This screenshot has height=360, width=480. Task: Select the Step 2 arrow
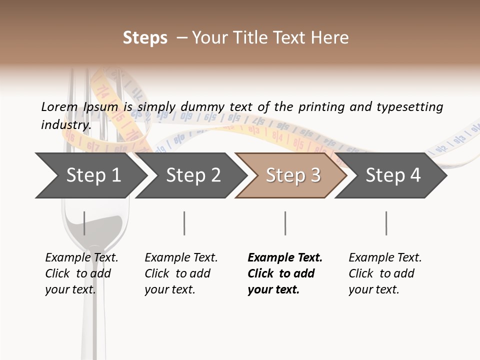pos(193,175)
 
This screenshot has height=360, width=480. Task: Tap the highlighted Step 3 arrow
pos(293,175)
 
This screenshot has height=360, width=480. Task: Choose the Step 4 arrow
pos(393,175)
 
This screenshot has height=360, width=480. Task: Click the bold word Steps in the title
pos(145,38)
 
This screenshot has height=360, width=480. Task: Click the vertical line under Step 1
pos(84,223)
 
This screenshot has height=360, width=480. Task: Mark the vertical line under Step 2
pos(184,223)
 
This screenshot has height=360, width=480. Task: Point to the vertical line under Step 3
pos(285,223)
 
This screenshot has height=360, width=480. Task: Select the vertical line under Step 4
pos(386,223)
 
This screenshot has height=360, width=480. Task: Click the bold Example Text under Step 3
pos(285,258)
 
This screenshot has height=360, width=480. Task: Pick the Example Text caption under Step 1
pos(81,258)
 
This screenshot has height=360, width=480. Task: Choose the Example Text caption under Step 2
pos(181,258)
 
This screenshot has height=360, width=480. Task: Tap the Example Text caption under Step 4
pos(385,258)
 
